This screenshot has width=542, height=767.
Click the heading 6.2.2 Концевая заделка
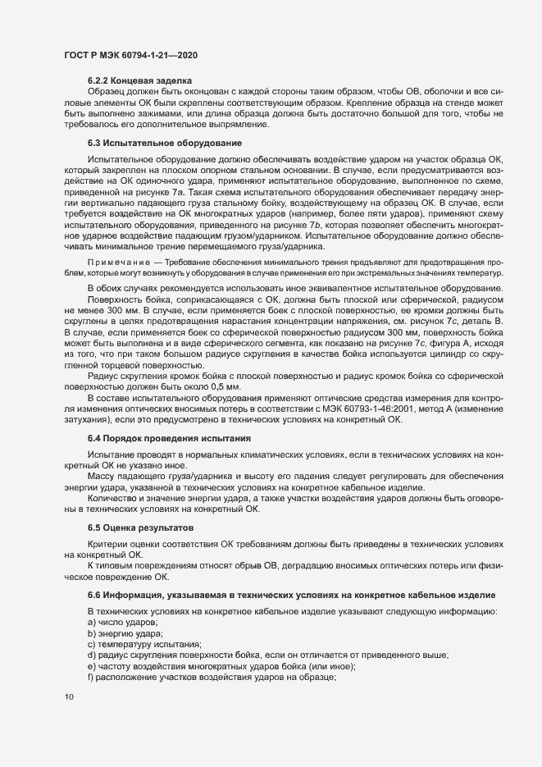[139, 80]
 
